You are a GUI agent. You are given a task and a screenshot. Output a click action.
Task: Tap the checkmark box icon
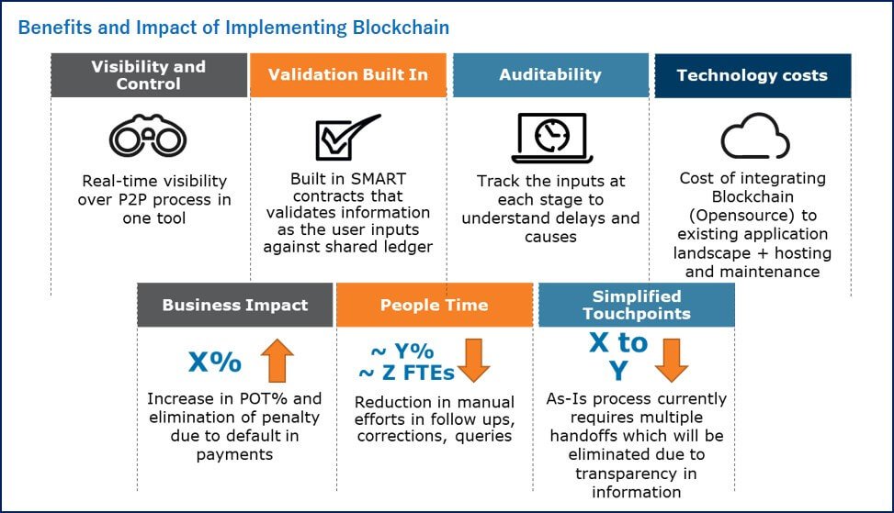point(347,137)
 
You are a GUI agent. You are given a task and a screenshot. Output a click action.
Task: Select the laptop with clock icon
point(551,138)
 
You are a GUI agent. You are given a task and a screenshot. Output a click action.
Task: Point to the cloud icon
point(755,136)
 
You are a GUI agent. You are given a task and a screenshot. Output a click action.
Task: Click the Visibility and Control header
point(149,75)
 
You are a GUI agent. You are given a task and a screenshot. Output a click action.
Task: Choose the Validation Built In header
point(348,75)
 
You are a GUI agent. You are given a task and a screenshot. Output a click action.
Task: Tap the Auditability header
point(550,75)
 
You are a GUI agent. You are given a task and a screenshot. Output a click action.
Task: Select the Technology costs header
point(753,76)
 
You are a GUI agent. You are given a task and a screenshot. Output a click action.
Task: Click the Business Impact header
point(235,306)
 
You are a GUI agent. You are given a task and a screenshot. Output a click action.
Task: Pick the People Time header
point(435,306)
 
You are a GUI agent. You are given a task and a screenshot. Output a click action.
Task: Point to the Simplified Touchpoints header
point(637,306)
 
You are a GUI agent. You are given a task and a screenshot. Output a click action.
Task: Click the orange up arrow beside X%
point(277,361)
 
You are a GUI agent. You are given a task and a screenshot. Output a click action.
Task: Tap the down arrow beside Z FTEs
point(474,361)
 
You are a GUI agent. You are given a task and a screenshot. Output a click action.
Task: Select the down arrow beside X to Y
point(672,361)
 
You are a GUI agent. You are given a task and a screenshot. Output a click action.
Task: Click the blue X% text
point(215,362)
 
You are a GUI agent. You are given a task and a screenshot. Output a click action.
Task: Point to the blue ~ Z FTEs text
point(406,373)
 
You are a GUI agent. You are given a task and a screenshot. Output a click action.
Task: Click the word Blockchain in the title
point(401,28)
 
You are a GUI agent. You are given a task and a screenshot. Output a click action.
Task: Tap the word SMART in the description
point(378,179)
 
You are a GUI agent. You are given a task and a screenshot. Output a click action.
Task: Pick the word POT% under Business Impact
point(263,398)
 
